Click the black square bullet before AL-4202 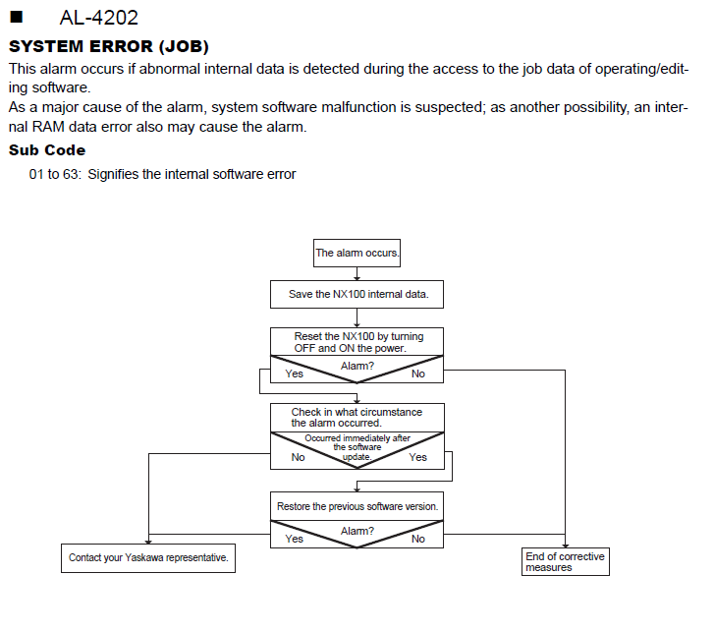(x=16, y=17)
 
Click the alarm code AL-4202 (x=99, y=18)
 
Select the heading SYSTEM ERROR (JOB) (x=109, y=46)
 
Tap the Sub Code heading (x=47, y=150)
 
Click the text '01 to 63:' (x=55, y=174)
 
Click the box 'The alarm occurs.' (x=357, y=253)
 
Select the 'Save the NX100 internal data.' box (x=357, y=294)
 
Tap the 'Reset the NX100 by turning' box (x=357, y=342)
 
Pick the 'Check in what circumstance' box (x=357, y=418)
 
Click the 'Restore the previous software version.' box (x=357, y=506)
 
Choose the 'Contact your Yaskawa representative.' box (x=148, y=557)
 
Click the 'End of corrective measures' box (x=566, y=562)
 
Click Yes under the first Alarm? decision (x=295, y=373)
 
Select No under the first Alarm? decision (x=418, y=373)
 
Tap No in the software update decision (x=298, y=457)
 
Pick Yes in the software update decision (x=418, y=457)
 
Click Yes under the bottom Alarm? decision (x=295, y=539)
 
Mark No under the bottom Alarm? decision (x=418, y=539)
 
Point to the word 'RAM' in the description (x=48, y=127)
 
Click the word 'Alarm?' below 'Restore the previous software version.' (x=357, y=531)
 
